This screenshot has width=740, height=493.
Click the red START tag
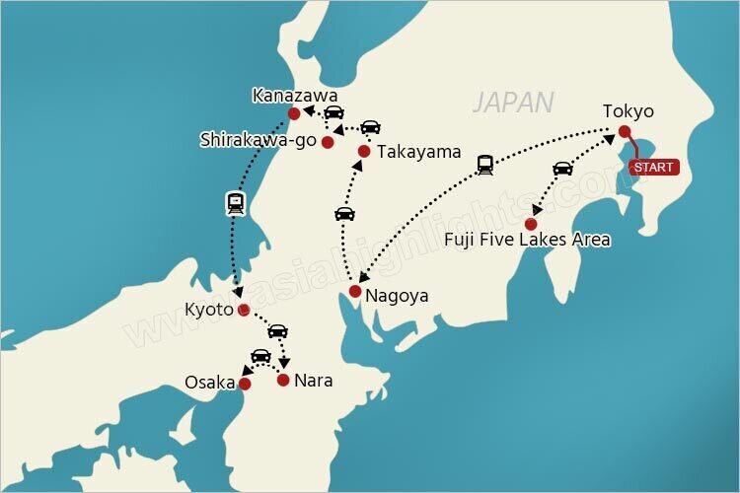653,167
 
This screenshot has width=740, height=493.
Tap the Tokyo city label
629,111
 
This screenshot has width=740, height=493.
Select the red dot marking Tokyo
625,131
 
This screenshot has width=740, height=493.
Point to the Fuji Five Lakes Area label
527,240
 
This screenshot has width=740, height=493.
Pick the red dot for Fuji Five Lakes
531,224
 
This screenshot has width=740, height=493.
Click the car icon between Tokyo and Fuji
562,168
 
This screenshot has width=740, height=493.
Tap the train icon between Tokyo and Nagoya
484,165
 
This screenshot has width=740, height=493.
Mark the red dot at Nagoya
355,291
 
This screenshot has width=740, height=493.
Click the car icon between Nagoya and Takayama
344,213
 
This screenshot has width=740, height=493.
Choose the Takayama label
417,152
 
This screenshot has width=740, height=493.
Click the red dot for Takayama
364,152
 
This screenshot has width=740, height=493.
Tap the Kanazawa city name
295,96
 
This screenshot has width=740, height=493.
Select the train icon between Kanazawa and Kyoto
236,204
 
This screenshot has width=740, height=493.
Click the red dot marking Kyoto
244,310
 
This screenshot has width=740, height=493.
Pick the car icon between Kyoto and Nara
278,330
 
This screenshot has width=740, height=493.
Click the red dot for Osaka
246,384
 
